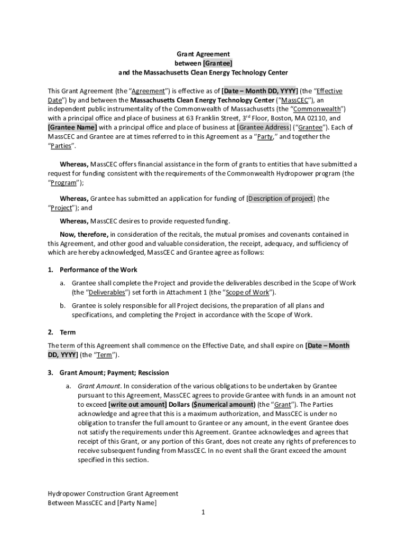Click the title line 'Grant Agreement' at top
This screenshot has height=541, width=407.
click(x=203, y=54)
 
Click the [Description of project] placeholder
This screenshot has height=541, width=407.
click(x=281, y=199)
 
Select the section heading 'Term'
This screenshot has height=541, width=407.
click(x=68, y=332)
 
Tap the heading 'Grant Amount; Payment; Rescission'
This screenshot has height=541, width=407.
click(x=114, y=373)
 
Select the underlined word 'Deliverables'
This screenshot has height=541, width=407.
click(x=107, y=293)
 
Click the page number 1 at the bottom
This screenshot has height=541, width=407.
click(x=203, y=512)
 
